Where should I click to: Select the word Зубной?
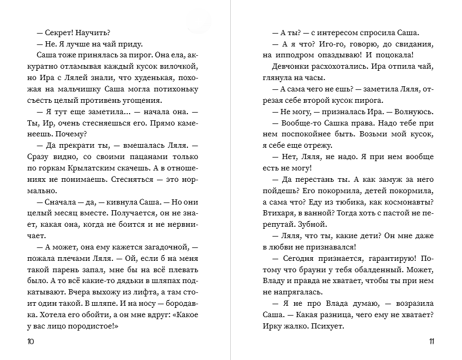pos(313,224)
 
